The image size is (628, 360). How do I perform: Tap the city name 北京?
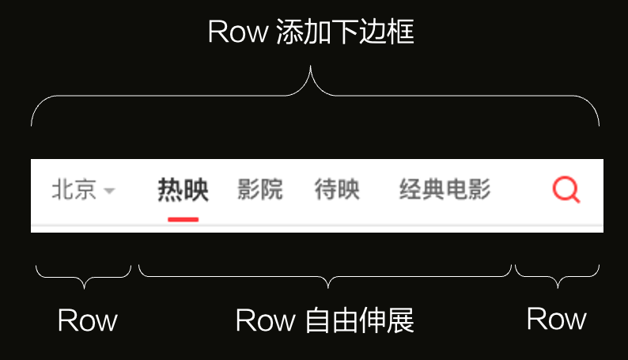tap(74, 190)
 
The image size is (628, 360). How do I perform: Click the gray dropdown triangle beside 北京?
tap(109, 191)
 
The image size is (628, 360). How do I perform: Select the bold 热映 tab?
tap(183, 190)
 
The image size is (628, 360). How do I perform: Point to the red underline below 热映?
tap(183, 218)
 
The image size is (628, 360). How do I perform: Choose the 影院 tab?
tap(260, 190)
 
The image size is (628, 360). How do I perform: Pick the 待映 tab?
tap(337, 190)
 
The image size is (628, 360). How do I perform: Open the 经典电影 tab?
tap(445, 190)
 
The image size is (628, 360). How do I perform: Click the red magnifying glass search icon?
tap(566, 190)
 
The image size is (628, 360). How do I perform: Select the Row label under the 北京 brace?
tap(87, 320)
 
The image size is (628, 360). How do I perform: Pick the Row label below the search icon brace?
tap(556, 319)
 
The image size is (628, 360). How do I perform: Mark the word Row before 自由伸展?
tap(265, 320)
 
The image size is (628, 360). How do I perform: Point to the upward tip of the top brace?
tap(311, 68)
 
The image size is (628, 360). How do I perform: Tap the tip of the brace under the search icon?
tap(557, 286)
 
